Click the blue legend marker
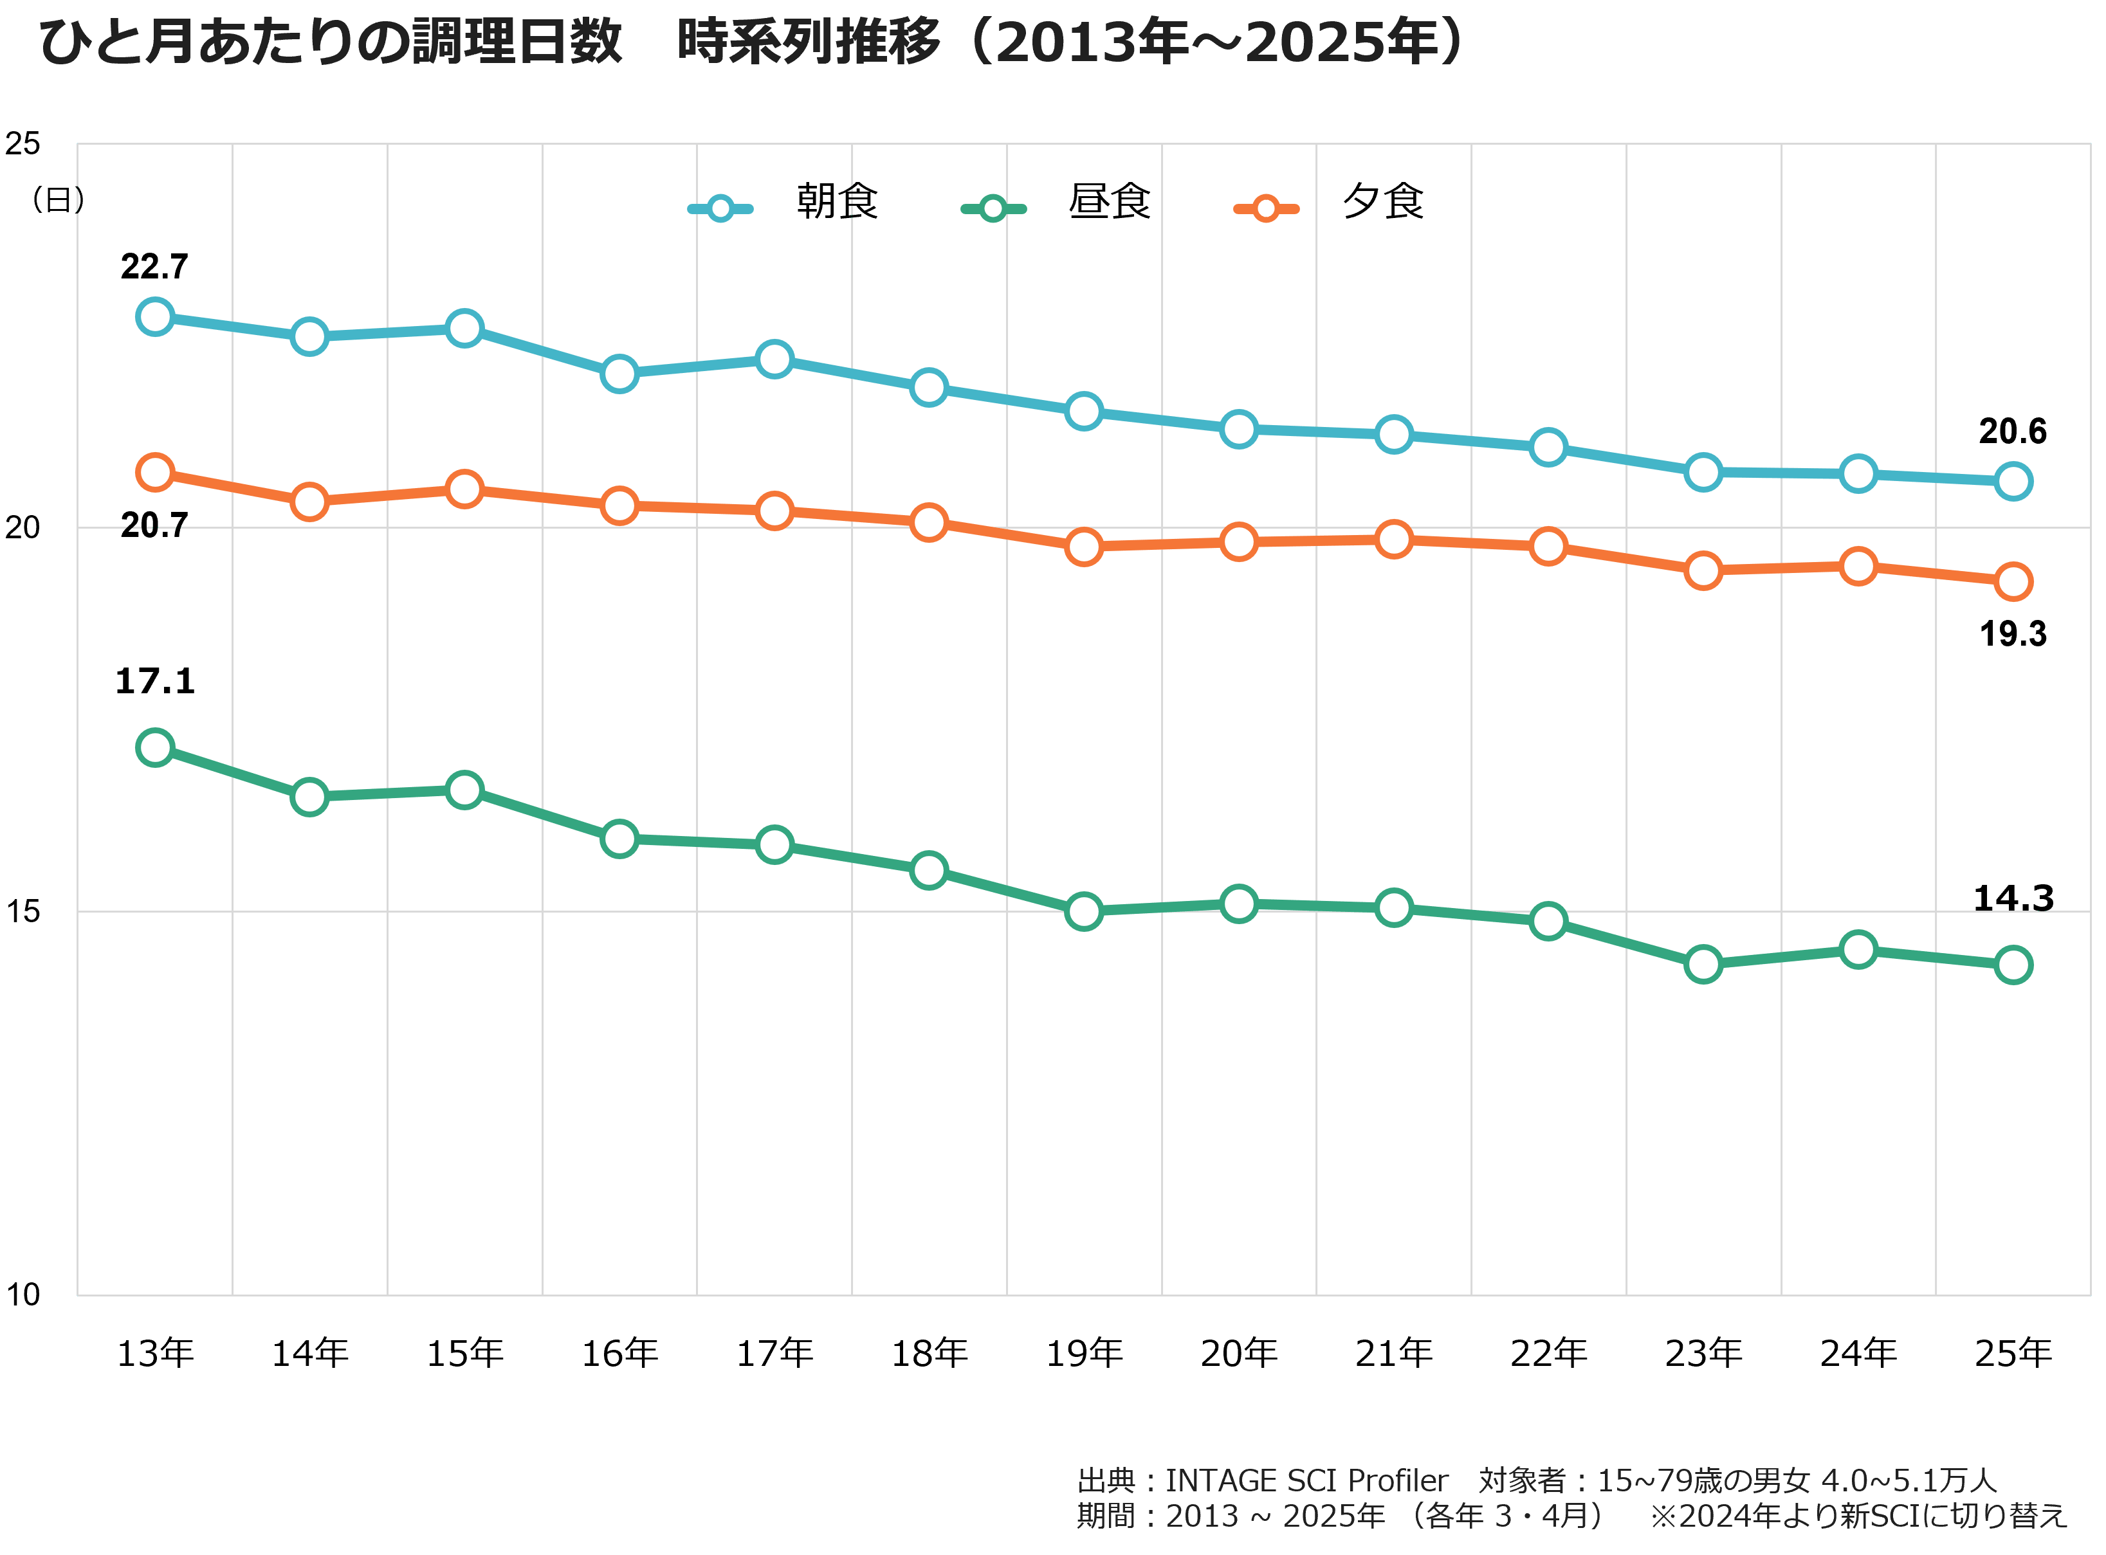tap(720, 208)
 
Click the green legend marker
tap(993, 208)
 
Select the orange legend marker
tap(1266, 208)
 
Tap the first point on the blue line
tap(155, 316)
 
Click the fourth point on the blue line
tap(619, 374)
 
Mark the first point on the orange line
tap(155, 471)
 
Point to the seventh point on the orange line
tap(1085, 546)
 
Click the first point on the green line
tap(155, 747)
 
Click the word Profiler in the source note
tap(1397, 1480)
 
